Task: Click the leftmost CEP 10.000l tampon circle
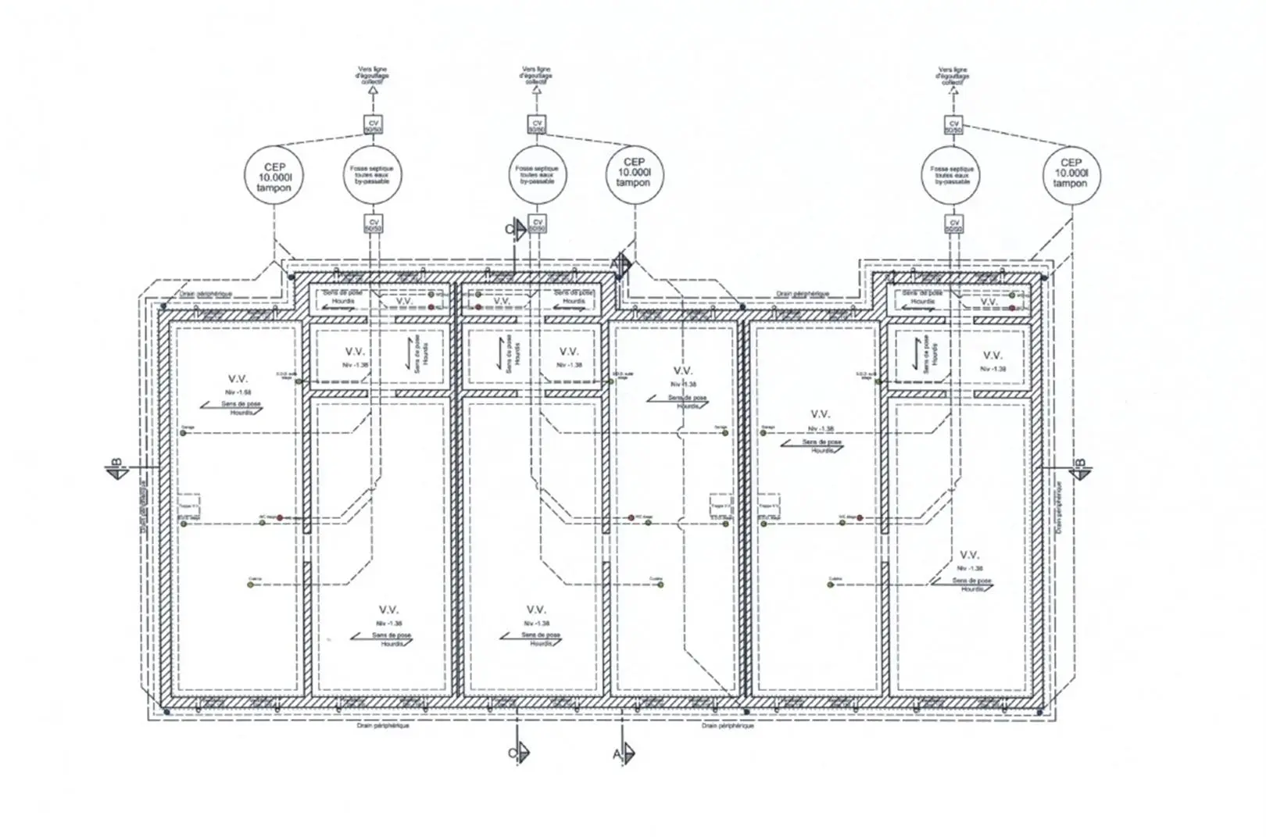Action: [x=274, y=177]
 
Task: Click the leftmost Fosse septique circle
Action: [x=371, y=174]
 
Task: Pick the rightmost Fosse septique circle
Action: [x=951, y=174]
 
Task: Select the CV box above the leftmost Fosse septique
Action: [x=374, y=124]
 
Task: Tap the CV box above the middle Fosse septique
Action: [x=537, y=124]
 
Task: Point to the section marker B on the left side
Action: [x=116, y=468]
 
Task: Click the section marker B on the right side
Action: [x=1081, y=468]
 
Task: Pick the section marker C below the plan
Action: [x=518, y=753]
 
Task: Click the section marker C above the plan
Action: [x=513, y=229]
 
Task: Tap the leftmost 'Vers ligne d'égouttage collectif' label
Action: [x=372, y=75]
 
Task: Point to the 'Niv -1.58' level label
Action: [x=238, y=392]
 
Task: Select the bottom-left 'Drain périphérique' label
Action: [x=383, y=725]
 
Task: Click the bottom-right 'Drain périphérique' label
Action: [x=728, y=725]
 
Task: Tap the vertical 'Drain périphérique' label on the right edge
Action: [x=1060, y=508]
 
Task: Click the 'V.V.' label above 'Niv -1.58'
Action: [x=238, y=379]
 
